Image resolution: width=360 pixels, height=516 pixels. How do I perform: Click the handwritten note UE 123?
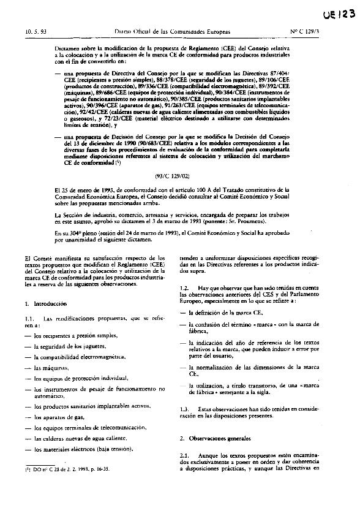point(337,14)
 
